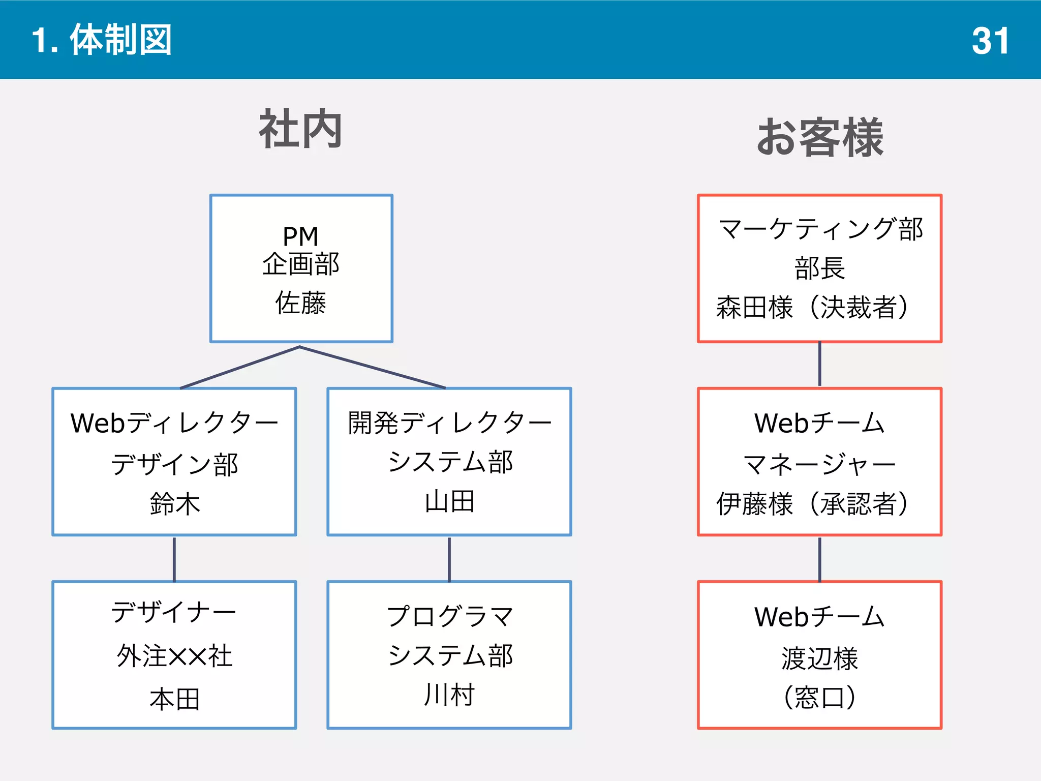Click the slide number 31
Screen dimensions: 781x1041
click(990, 41)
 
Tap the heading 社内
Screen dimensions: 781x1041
click(300, 130)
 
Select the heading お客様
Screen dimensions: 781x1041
click(820, 137)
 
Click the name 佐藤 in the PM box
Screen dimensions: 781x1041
click(300, 303)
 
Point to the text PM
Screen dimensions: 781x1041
click(300, 236)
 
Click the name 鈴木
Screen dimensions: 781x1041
click(175, 503)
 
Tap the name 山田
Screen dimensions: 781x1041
click(449, 502)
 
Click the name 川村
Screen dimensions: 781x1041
click(449, 695)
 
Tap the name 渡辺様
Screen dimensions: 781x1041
click(819, 658)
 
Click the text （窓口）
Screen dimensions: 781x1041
click(819, 698)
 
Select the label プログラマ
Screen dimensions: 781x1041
click(449, 616)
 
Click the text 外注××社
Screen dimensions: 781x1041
click(175, 656)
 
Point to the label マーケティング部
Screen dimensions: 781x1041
click(820, 229)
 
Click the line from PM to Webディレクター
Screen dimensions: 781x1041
click(240, 368)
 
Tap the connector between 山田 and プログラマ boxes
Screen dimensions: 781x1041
click(449, 558)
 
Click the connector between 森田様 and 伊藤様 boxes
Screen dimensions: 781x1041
click(819, 365)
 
